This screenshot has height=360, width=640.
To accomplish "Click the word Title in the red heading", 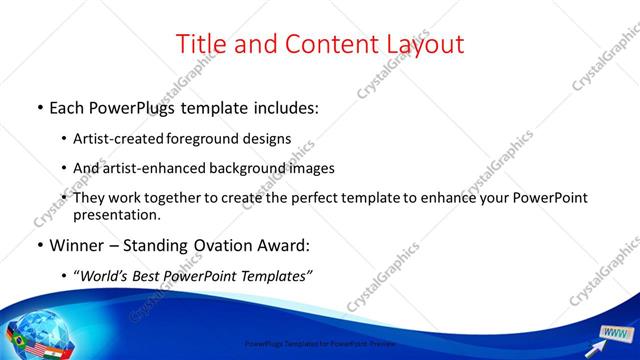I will coord(200,44).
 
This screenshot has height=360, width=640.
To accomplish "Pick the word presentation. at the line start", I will coord(117,215).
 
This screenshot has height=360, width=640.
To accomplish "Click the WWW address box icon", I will coord(616,333).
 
